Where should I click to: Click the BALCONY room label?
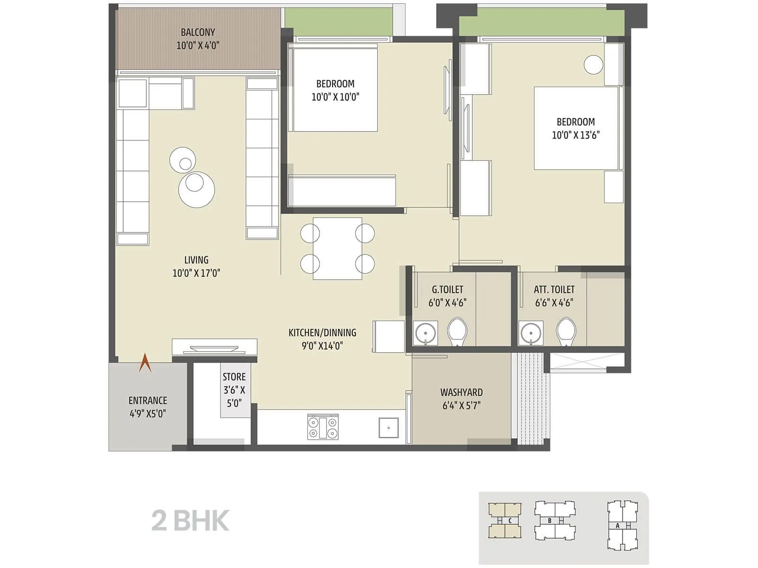(198, 32)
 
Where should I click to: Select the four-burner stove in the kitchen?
(323, 427)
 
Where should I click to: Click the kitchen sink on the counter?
(388, 427)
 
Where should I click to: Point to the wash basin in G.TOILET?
(425, 333)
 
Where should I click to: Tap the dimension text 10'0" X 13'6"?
(575, 135)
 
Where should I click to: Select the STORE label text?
(234, 377)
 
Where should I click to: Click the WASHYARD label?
(461, 392)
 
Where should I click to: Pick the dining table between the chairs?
(337, 248)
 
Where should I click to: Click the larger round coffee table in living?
(196, 189)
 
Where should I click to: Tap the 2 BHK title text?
(190, 521)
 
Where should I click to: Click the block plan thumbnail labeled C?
(505, 521)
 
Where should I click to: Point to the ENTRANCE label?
(148, 400)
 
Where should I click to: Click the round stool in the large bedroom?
(593, 65)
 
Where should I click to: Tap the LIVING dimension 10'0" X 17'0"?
(196, 273)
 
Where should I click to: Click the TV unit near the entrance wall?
(214, 347)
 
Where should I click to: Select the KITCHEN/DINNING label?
(322, 333)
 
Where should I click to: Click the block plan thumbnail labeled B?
(555, 521)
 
